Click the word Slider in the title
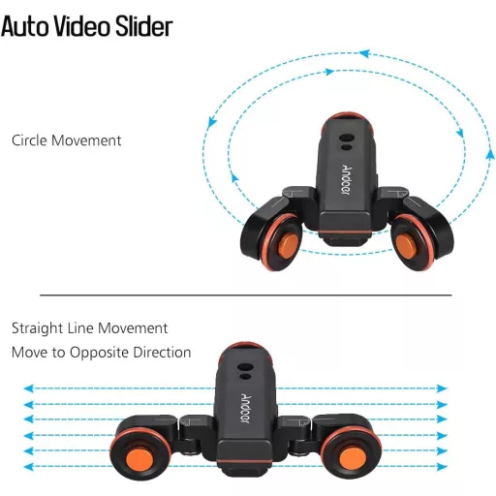144,26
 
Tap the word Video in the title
82,26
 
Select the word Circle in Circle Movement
30,140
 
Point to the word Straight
37,328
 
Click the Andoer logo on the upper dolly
346,179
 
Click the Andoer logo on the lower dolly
245,408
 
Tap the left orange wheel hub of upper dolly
288,246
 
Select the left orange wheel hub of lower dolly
139,458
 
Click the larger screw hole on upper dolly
347,138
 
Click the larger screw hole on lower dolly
245,367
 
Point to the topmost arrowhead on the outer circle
364,53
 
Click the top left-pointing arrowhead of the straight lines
29,388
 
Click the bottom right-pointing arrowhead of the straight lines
442,467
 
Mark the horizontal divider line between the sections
246,294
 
